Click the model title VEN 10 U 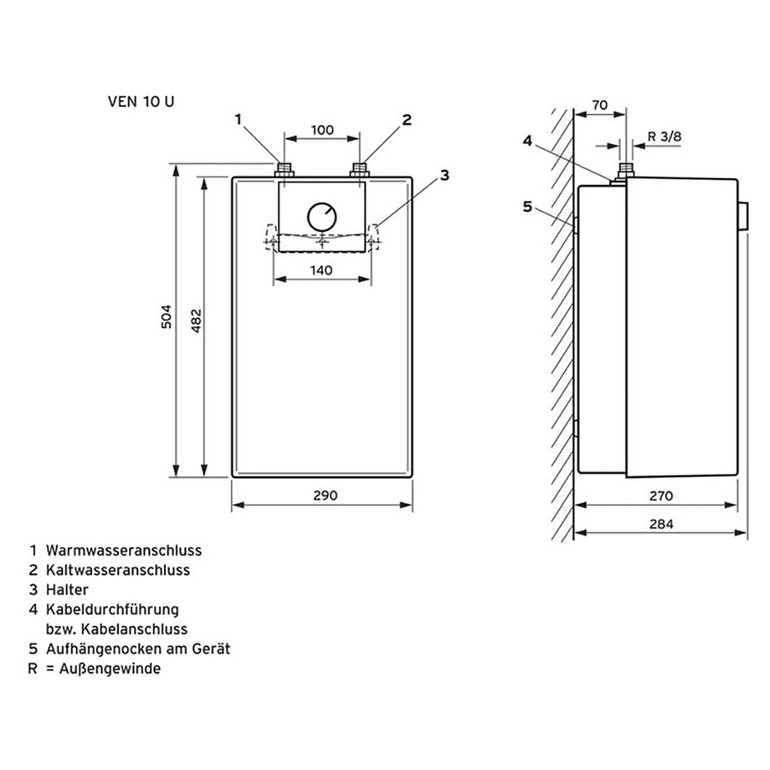click(141, 102)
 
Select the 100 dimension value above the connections click(323, 130)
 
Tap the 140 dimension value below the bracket click(321, 271)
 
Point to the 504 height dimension click(166, 316)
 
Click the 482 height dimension click(196, 320)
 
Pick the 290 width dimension click(325, 495)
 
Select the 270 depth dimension click(661, 496)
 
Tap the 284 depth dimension click(662, 524)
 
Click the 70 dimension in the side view click(600, 105)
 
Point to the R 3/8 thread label click(665, 137)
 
